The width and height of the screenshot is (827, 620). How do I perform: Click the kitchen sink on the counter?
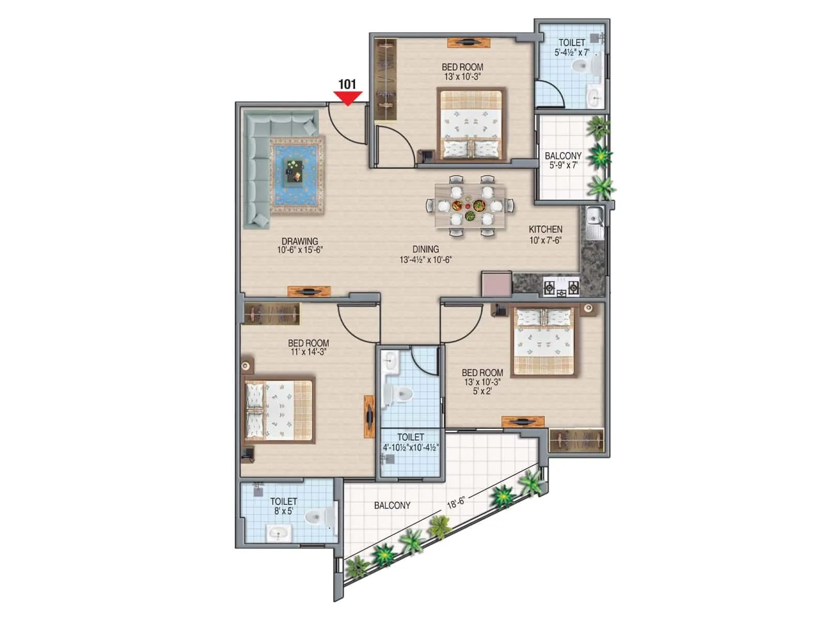coord(595,222)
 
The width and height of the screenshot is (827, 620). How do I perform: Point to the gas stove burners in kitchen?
coord(561,288)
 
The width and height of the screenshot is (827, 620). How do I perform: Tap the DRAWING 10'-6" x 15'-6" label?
coord(300,245)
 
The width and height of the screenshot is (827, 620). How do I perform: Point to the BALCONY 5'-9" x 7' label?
coord(563,160)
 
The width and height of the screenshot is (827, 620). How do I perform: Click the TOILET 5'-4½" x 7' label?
coord(572,47)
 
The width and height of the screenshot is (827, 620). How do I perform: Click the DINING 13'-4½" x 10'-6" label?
coord(425,254)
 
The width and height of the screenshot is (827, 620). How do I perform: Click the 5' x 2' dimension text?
coord(482,391)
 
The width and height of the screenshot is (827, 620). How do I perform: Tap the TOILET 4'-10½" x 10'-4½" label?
coord(410,442)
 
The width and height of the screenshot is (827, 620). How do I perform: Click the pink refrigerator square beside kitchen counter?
coord(496,284)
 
